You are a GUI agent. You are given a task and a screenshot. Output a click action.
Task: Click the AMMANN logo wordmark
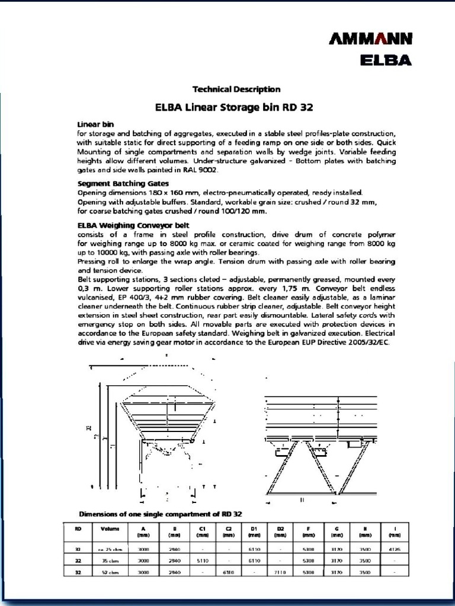(370, 40)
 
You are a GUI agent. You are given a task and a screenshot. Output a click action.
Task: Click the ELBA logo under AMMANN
(386, 60)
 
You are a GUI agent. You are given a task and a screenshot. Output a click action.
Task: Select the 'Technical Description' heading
(236, 89)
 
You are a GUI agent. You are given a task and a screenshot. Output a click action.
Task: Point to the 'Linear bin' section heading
(95, 124)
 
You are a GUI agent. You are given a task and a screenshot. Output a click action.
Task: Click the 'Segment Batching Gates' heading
(123, 183)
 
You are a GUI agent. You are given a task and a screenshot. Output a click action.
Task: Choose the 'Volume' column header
(110, 528)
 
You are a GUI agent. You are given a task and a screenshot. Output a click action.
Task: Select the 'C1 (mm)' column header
(202, 531)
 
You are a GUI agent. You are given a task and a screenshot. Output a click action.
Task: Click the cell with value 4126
(395, 549)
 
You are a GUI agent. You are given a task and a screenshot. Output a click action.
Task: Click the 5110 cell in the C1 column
(202, 560)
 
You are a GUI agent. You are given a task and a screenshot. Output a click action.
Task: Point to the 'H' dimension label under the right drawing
(302, 500)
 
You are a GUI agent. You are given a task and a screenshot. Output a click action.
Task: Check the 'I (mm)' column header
(395, 531)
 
